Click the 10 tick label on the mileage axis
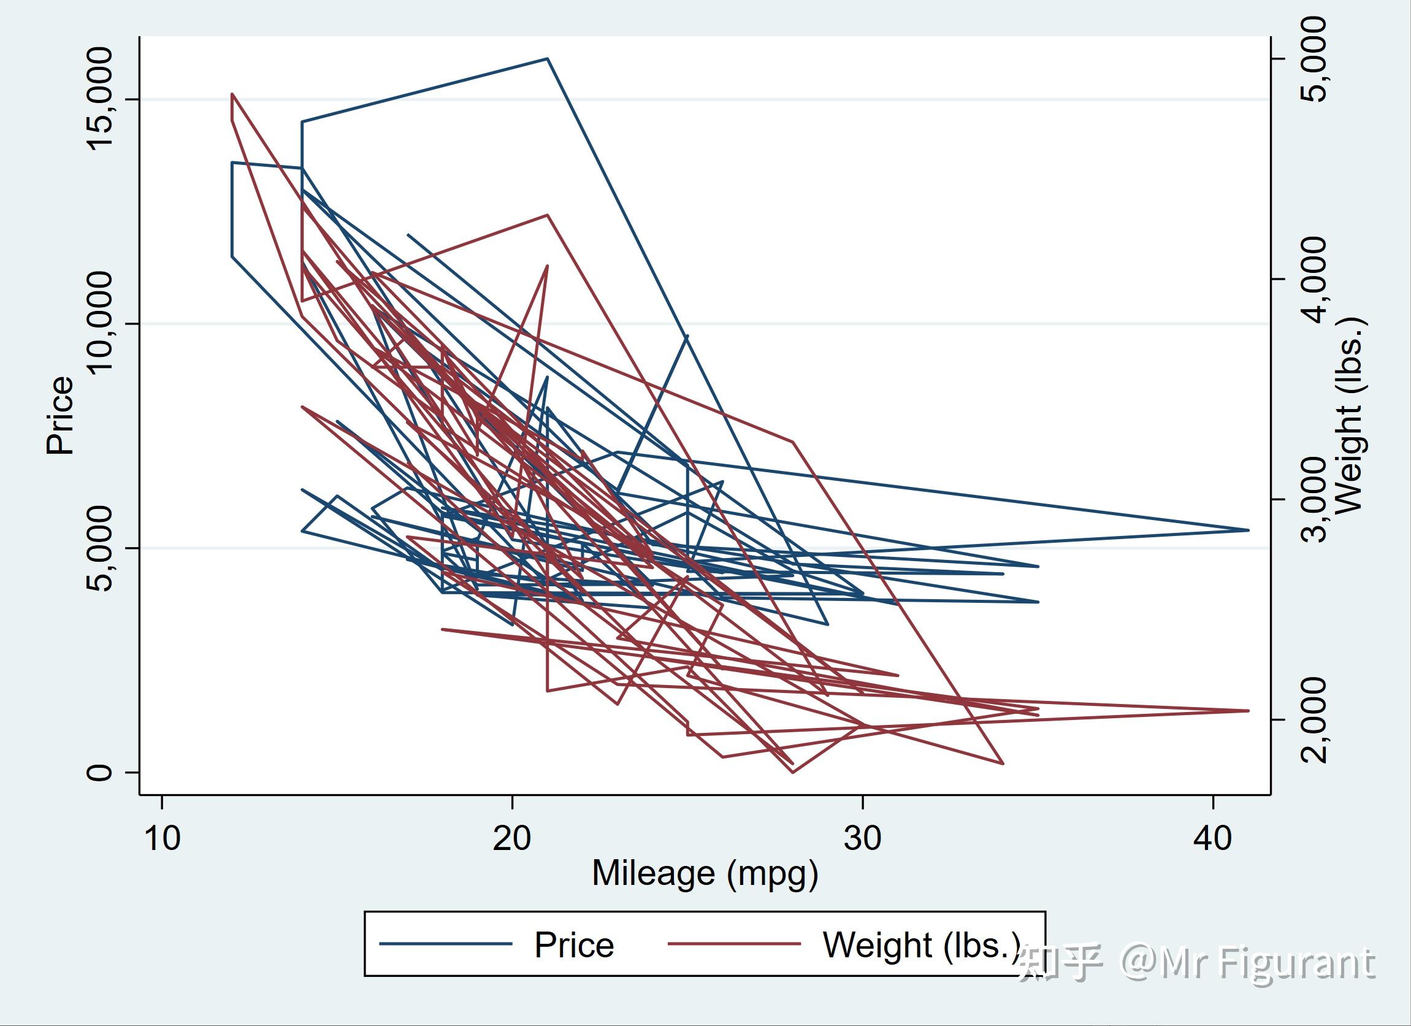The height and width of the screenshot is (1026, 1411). pos(162,838)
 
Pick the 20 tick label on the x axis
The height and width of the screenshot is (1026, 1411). pos(512,838)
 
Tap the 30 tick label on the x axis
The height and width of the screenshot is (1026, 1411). pos(862,838)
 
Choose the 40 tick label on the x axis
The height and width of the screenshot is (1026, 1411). pos(1212,838)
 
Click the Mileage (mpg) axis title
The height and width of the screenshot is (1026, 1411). pos(704,873)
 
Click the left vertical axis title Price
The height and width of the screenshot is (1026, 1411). pos(60,415)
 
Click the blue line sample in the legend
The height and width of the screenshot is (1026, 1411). pos(445,944)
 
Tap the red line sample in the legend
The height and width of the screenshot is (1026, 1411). pos(733,944)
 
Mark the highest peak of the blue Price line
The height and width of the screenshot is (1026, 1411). pos(547,58)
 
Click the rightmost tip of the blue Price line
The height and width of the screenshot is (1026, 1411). pos(1248,530)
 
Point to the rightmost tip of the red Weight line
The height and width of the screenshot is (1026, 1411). pos(1248,710)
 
